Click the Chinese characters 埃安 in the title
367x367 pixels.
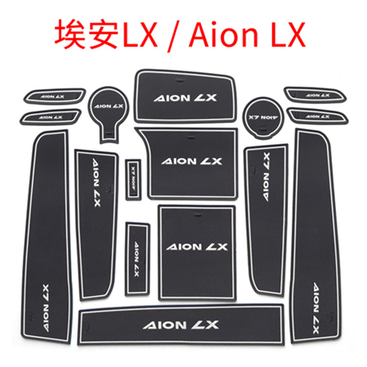pos(86,34)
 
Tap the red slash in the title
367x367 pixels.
pos(173,36)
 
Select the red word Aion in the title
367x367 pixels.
pos(223,35)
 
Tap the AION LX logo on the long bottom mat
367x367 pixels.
pos(181,325)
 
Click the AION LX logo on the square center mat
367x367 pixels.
pos(197,247)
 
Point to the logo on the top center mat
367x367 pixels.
pos(185,98)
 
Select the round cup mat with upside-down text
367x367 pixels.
pos(263,118)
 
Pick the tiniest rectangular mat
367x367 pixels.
pos(133,180)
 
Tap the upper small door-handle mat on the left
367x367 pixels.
pos(55,96)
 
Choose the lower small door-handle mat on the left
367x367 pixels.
pos(50,117)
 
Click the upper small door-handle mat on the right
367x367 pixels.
pos(315,95)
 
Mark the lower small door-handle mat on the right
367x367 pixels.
pos(317,116)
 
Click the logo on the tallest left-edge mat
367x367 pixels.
pos(46,308)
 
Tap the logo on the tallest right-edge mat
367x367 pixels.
pos(316,308)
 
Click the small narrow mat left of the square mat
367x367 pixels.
pos(138,259)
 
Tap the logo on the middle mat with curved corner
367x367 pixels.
pos(191,161)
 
